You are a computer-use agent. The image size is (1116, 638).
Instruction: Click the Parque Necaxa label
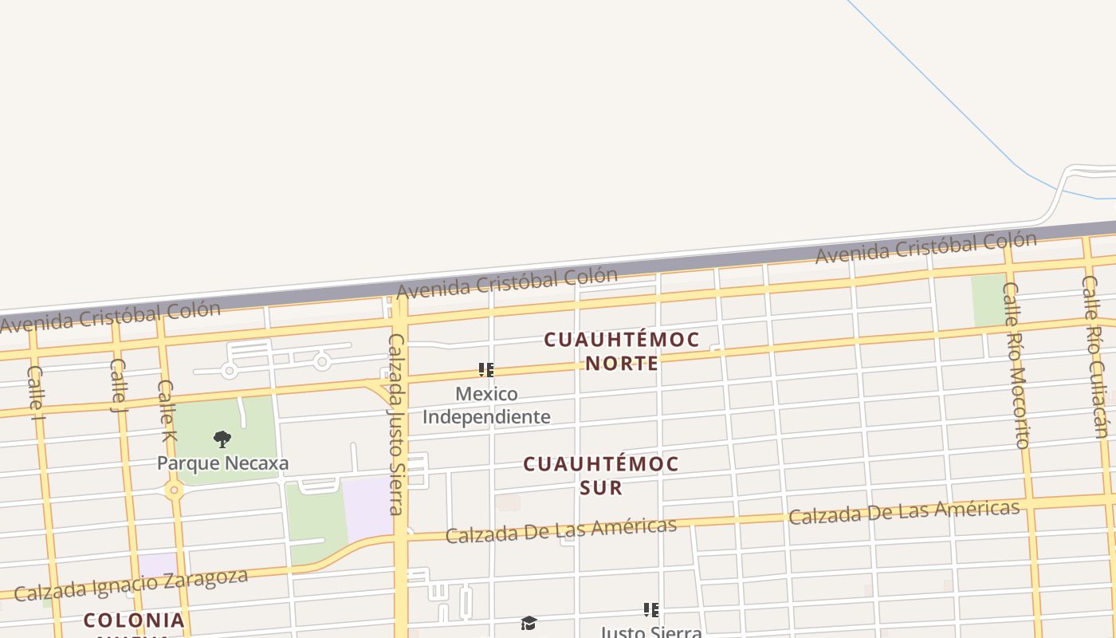[222, 463]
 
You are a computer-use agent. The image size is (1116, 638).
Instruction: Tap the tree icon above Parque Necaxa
[222, 439]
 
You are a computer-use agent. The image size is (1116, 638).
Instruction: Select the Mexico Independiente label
[486, 405]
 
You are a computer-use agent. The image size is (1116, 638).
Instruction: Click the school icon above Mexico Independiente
[486, 370]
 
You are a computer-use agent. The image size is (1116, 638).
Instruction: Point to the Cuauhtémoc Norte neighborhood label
[622, 351]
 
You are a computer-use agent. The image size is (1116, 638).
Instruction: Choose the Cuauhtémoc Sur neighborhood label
[601, 475]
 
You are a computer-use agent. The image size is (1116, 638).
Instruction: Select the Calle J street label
[118, 385]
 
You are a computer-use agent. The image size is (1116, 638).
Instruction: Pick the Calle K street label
[166, 410]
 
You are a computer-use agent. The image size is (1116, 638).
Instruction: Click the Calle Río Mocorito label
[1016, 364]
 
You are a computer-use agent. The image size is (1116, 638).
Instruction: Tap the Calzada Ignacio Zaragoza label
[131, 585]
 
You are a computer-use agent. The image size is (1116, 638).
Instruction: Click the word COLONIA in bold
[134, 620]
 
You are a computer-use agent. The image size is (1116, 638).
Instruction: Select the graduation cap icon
[529, 623]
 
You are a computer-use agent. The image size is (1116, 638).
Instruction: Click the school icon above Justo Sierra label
[651, 610]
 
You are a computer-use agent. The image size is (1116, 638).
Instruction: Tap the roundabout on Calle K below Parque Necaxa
[175, 490]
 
